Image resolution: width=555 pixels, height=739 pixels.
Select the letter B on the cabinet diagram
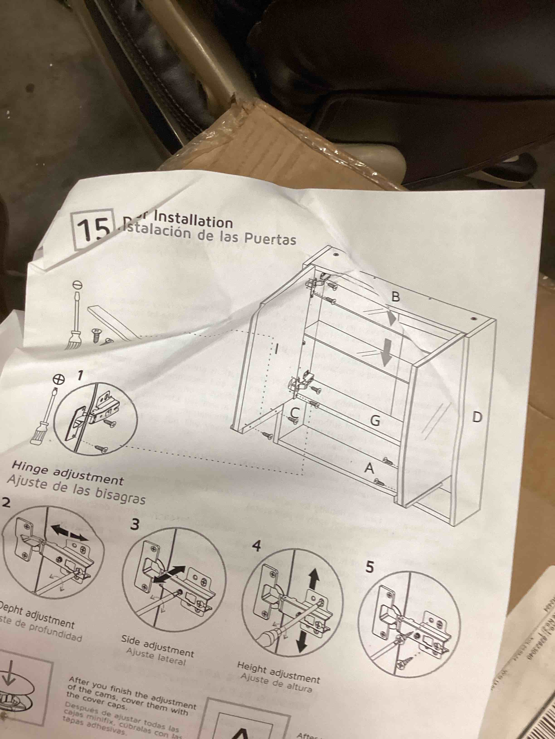tap(395, 297)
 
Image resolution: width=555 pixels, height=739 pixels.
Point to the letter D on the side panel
tap(477, 417)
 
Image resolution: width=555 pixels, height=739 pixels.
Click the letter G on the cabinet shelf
tap(375, 421)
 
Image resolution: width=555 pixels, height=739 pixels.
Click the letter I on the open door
tap(276, 349)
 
